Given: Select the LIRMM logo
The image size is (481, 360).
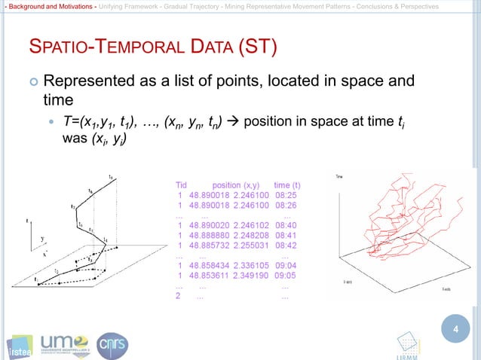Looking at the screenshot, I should click(409, 344).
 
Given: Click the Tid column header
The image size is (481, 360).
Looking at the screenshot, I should click(181, 185).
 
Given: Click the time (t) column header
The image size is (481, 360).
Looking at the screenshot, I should click(287, 185).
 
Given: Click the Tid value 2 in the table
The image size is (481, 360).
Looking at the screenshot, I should click(178, 296).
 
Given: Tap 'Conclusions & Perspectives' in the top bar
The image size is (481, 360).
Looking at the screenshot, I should click(394, 6).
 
